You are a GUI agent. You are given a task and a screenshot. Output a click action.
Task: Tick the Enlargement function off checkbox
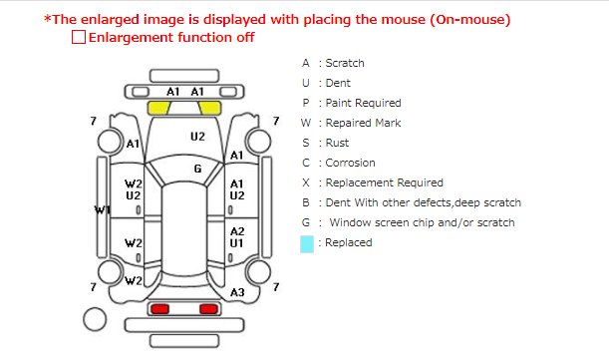point(79,37)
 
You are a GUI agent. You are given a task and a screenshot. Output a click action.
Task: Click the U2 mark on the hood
point(197,137)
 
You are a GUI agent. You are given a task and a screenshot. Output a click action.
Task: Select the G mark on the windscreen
point(197,169)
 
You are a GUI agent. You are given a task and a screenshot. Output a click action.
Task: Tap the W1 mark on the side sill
point(102,210)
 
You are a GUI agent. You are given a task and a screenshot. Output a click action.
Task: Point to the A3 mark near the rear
point(237,292)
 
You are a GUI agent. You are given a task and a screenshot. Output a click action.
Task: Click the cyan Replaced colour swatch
point(307,244)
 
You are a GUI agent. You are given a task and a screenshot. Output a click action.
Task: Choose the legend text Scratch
point(345,63)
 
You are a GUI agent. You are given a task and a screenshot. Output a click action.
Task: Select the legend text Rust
point(337,143)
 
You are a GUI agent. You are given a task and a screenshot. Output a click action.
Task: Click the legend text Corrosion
point(350,163)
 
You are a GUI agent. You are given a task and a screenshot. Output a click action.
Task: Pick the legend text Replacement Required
point(384,182)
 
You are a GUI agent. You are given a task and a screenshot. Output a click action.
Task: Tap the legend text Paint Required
point(363,103)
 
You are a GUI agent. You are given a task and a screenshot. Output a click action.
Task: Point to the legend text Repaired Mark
point(363,123)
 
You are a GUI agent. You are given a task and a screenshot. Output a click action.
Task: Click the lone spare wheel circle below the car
point(95,319)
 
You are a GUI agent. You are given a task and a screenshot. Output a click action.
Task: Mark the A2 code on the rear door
point(237,231)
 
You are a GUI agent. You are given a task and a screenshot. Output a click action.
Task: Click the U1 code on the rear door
point(236,243)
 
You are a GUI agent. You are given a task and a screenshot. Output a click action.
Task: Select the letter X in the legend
point(306,182)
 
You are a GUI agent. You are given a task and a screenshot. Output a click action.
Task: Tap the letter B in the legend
point(306,202)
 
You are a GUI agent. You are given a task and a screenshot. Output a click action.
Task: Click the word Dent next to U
point(338,83)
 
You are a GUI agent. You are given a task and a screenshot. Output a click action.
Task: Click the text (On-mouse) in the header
point(470,19)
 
